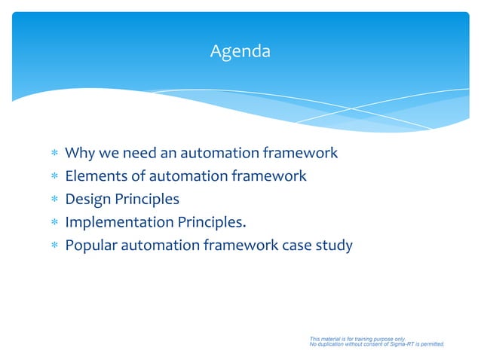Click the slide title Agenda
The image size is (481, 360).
240,52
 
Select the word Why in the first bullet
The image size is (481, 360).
79,154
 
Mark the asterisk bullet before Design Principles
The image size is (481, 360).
54,200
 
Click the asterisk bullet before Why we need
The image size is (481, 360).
54,154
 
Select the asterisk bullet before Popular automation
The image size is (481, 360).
54,246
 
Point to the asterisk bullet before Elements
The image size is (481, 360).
54,177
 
